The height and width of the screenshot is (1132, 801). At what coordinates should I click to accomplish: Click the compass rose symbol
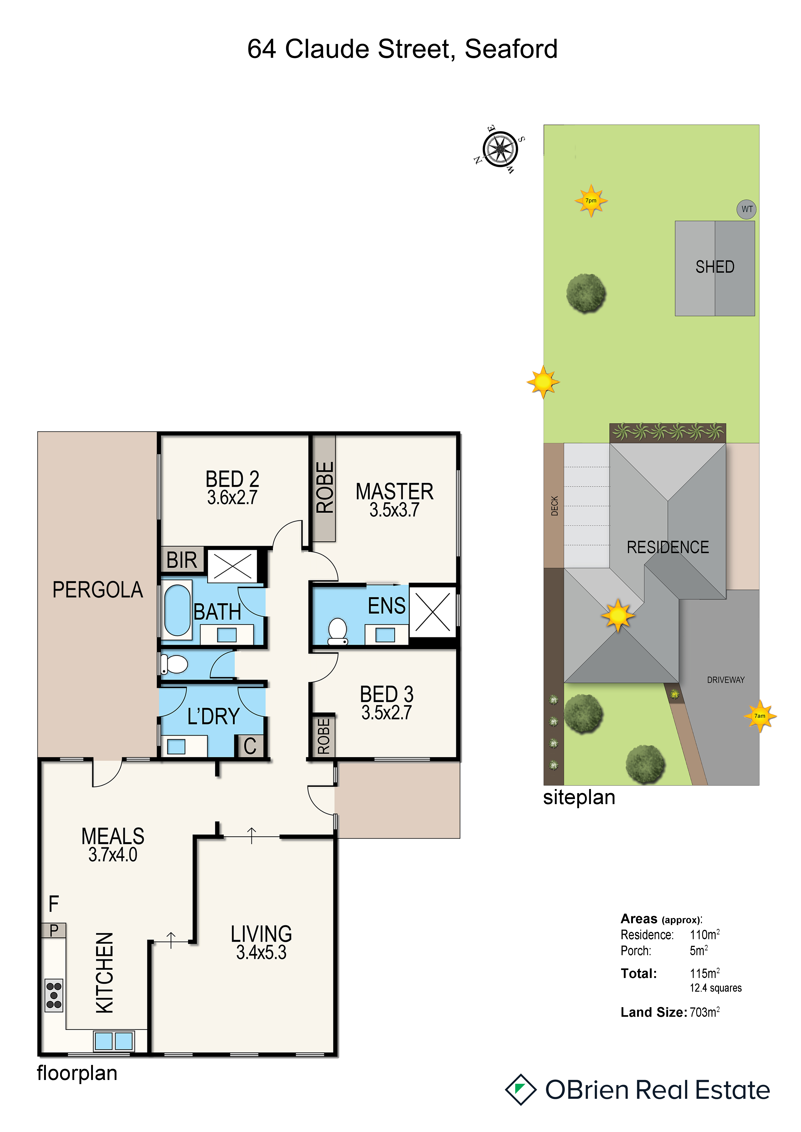point(500,149)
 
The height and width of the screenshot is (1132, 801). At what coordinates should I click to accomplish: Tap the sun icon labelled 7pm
point(591,201)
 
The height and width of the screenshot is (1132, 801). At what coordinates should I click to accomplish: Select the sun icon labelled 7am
point(760,716)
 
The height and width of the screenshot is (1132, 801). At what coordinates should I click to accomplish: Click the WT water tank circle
point(747,209)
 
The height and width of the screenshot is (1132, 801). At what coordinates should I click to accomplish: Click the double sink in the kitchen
point(114,1041)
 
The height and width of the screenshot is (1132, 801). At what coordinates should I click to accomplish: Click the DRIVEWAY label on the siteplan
point(726,680)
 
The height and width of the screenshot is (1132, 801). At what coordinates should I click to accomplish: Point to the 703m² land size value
point(705,1012)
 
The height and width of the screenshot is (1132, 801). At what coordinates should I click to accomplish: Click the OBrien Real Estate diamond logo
point(520,1089)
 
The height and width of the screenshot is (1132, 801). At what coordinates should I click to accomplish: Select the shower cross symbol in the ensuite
point(432,612)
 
